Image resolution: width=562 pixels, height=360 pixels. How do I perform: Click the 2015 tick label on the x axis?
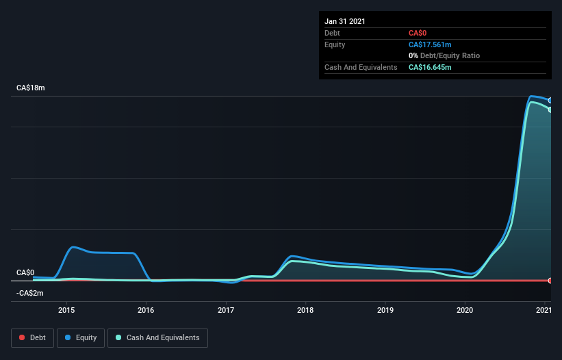pos(66,310)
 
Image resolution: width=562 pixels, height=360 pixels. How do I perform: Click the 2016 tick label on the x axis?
pos(146,310)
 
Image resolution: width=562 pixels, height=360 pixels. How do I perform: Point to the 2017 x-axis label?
pos(226,310)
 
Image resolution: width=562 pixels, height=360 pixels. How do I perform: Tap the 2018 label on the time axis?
pos(305,310)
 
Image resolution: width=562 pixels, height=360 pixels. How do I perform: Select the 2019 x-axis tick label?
pos(385,310)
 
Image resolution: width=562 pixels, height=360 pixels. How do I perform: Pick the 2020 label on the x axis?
pos(465,310)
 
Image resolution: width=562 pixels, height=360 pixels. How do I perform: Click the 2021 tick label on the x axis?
pos(544,310)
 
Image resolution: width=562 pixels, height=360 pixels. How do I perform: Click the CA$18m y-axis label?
pos(31,88)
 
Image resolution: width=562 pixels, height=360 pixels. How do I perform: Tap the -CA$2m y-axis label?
pos(30,293)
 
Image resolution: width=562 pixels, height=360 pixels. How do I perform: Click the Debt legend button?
pos(32,337)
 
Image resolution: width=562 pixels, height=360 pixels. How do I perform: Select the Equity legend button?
pos(81,337)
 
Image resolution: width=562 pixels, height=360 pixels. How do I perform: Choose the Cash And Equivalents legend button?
pos(157,337)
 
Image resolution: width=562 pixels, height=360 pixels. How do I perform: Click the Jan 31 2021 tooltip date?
pos(345,21)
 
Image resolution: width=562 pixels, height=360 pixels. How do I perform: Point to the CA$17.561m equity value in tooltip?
pos(430,44)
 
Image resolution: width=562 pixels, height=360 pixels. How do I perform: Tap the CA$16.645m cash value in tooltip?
pos(430,67)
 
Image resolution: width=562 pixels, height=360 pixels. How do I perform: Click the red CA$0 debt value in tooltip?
pos(418,33)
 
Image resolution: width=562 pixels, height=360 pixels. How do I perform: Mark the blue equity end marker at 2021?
pos(550,101)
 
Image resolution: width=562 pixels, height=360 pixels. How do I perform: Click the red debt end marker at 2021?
pos(550,281)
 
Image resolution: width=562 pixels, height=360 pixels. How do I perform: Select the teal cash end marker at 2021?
pos(550,110)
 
